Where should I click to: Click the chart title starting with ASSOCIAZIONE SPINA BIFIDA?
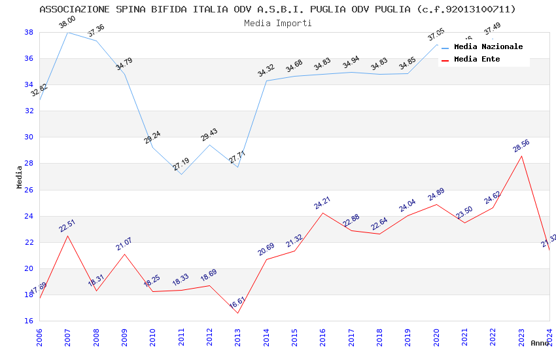(277, 9)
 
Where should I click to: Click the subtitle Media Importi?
(277, 23)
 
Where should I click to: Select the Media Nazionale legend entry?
(488, 46)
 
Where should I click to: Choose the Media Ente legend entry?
(477, 59)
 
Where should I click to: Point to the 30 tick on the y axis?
(29, 137)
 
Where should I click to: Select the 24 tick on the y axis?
(29, 216)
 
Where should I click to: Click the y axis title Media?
(20, 177)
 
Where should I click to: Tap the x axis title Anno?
(540, 343)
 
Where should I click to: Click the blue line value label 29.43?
(209, 134)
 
